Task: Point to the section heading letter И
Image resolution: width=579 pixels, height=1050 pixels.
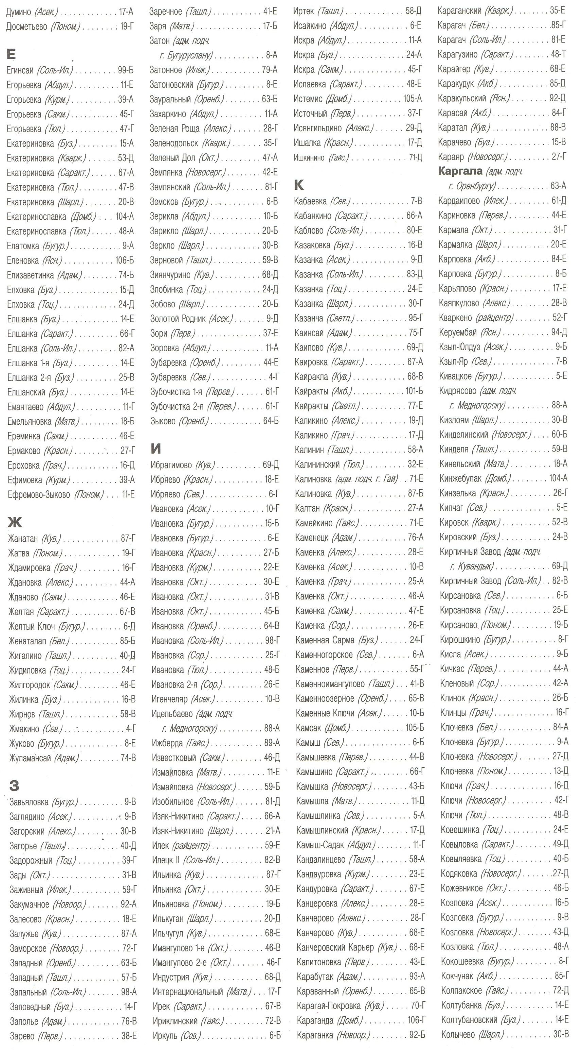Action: (x=156, y=449)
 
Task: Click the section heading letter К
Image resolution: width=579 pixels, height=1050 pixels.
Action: (x=299, y=185)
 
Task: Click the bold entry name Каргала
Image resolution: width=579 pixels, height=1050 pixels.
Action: (x=460, y=171)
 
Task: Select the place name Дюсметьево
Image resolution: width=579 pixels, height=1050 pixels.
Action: (x=27, y=27)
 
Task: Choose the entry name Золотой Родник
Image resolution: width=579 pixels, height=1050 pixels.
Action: (x=178, y=319)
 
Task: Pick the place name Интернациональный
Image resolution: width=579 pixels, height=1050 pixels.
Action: (x=188, y=991)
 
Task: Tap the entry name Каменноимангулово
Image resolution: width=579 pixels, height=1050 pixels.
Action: (x=331, y=683)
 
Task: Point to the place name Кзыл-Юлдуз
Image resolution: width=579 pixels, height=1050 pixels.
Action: (x=459, y=347)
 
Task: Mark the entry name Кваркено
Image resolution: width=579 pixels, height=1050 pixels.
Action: (x=455, y=318)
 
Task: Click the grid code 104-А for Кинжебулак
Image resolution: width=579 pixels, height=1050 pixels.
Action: (x=558, y=478)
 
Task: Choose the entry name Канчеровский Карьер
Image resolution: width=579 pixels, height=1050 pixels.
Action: (x=335, y=947)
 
